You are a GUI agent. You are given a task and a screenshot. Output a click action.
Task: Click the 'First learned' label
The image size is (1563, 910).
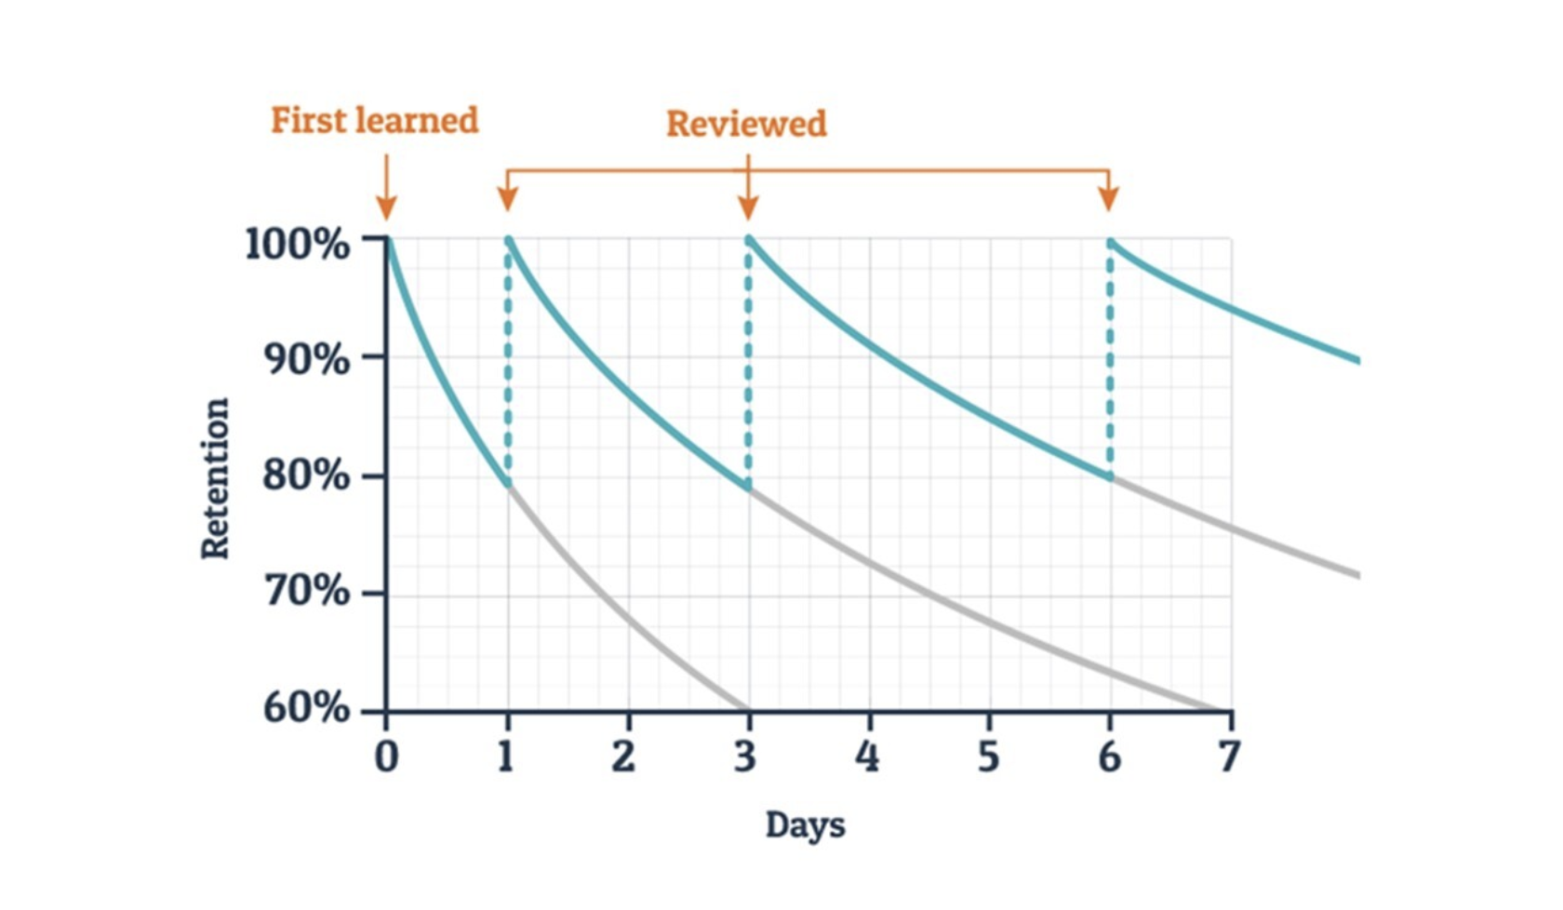[x=374, y=121]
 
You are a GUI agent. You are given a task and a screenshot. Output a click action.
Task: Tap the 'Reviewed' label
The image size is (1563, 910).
[x=746, y=124]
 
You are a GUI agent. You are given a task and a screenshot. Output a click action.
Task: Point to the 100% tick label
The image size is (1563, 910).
[x=297, y=244]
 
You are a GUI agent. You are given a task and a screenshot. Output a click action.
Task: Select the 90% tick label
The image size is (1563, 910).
[x=305, y=359]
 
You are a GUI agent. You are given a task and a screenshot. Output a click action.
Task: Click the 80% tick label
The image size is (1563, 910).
[x=305, y=475]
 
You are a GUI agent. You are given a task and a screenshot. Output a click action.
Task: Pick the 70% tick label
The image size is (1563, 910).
[x=305, y=591]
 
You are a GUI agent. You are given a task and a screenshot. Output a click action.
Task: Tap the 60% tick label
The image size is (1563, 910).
[x=305, y=708]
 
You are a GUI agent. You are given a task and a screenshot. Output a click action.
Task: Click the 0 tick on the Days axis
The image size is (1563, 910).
[x=386, y=756]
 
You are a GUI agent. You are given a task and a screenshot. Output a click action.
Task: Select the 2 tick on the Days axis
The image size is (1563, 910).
[x=623, y=756]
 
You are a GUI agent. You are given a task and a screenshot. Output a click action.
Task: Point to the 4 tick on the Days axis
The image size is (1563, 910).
[x=867, y=756]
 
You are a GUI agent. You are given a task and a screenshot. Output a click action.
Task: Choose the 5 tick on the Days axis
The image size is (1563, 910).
[x=988, y=756]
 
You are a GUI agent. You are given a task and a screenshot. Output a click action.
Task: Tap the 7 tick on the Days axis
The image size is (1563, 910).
[x=1230, y=756]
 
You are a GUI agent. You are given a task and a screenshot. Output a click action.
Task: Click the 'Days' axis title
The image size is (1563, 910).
[x=805, y=825]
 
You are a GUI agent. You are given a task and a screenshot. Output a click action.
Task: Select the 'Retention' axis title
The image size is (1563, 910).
[x=215, y=478]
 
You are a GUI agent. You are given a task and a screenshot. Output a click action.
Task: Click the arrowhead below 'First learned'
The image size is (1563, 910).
[x=386, y=207]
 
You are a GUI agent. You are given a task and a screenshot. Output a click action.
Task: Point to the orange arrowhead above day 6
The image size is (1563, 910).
[x=1108, y=198]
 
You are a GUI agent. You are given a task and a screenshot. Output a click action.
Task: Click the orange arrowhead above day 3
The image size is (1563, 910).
[x=748, y=207]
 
